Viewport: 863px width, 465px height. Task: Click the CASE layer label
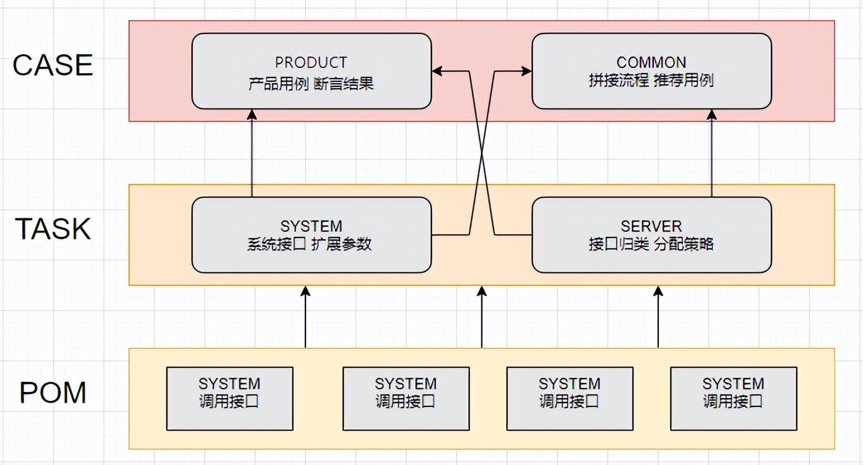(53, 65)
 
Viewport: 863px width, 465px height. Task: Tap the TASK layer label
(53, 229)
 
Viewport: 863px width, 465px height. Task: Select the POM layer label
(53, 393)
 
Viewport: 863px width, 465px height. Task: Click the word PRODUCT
(311, 62)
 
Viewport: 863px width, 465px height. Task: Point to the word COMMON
(651, 62)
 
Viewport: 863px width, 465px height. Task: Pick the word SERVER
(651, 226)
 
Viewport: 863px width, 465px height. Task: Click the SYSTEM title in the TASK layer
(311, 226)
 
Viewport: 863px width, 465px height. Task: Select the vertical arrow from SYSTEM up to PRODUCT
(252, 154)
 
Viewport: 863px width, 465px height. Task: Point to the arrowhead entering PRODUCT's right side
(437, 71)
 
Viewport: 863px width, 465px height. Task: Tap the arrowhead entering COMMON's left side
(527, 71)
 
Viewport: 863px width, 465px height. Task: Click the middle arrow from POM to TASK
(482, 318)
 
